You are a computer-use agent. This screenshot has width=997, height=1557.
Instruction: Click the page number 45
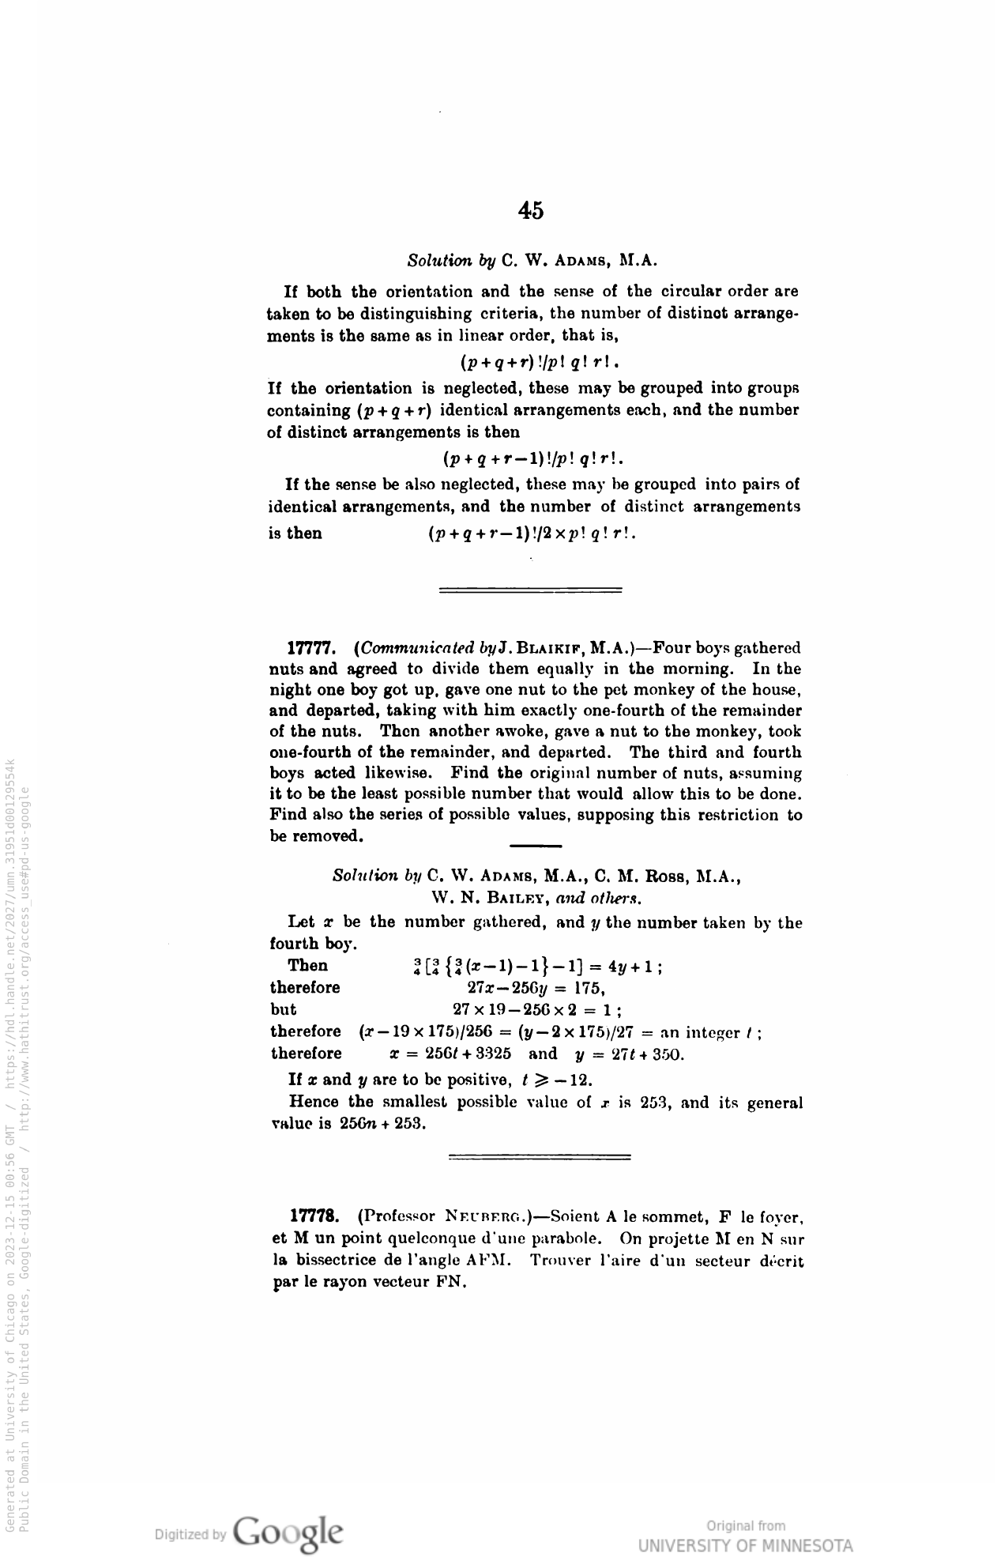[x=531, y=210]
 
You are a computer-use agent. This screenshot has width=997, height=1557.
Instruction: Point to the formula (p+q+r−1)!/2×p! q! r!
[x=532, y=533]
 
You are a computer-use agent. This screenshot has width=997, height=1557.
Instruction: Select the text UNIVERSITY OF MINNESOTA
[x=745, y=1545]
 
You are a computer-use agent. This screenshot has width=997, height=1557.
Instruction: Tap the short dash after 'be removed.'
[x=536, y=846]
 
